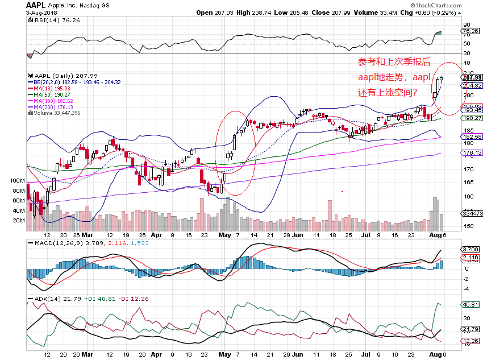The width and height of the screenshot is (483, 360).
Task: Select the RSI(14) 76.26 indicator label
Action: [48, 19]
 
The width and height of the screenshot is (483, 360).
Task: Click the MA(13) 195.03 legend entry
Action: [52, 89]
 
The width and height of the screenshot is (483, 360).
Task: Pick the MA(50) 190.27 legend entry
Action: [52, 94]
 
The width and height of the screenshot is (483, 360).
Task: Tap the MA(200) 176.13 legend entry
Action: [54, 107]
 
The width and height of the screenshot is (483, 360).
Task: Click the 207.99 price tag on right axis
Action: [472, 77]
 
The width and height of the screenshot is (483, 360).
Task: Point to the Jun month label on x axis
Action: [297, 234]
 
